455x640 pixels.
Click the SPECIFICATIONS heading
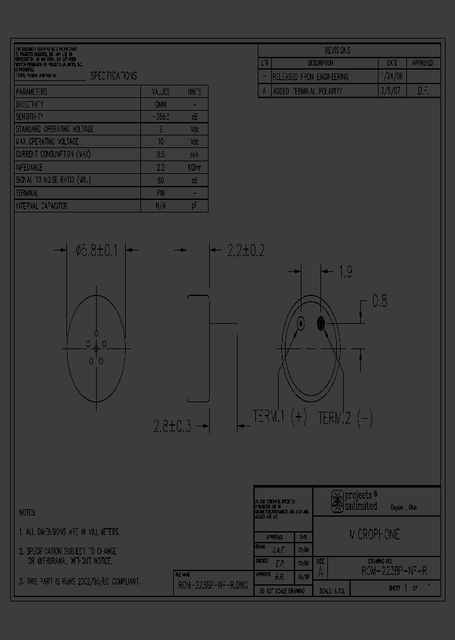pyautogui.click(x=113, y=76)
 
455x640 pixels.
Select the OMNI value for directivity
pyautogui.click(x=161, y=104)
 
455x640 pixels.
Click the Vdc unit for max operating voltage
pyautogui.click(x=194, y=142)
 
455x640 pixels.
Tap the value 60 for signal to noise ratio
pyautogui.click(x=161, y=180)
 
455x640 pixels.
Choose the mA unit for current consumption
pyautogui.click(x=194, y=154)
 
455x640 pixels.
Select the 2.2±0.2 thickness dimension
pyautogui.click(x=245, y=250)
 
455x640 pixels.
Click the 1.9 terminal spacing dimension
pyautogui.click(x=345, y=273)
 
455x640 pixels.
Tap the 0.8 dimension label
pyautogui.click(x=379, y=302)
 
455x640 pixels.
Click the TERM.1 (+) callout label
pyautogui.click(x=279, y=417)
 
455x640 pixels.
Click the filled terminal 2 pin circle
pyautogui.click(x=321, y=324)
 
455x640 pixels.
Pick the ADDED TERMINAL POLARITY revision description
pyautogui.click(x=307, y=91)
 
